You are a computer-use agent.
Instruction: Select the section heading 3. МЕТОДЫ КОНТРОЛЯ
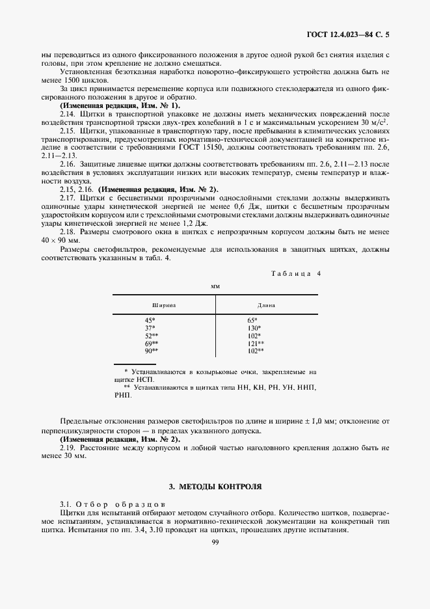215,486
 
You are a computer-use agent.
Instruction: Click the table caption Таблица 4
296,273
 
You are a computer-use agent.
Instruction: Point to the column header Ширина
164,304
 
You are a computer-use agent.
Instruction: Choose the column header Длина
265,304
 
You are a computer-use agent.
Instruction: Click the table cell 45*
150,320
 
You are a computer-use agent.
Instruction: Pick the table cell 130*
254,328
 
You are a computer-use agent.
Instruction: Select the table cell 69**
151,343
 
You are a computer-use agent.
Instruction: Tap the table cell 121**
255,343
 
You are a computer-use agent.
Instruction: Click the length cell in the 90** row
255,351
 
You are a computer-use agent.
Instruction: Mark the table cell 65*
252,320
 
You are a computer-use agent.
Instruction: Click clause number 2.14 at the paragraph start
68,113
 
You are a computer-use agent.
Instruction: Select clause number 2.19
68,448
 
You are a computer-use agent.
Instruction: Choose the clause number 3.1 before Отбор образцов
66,504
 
